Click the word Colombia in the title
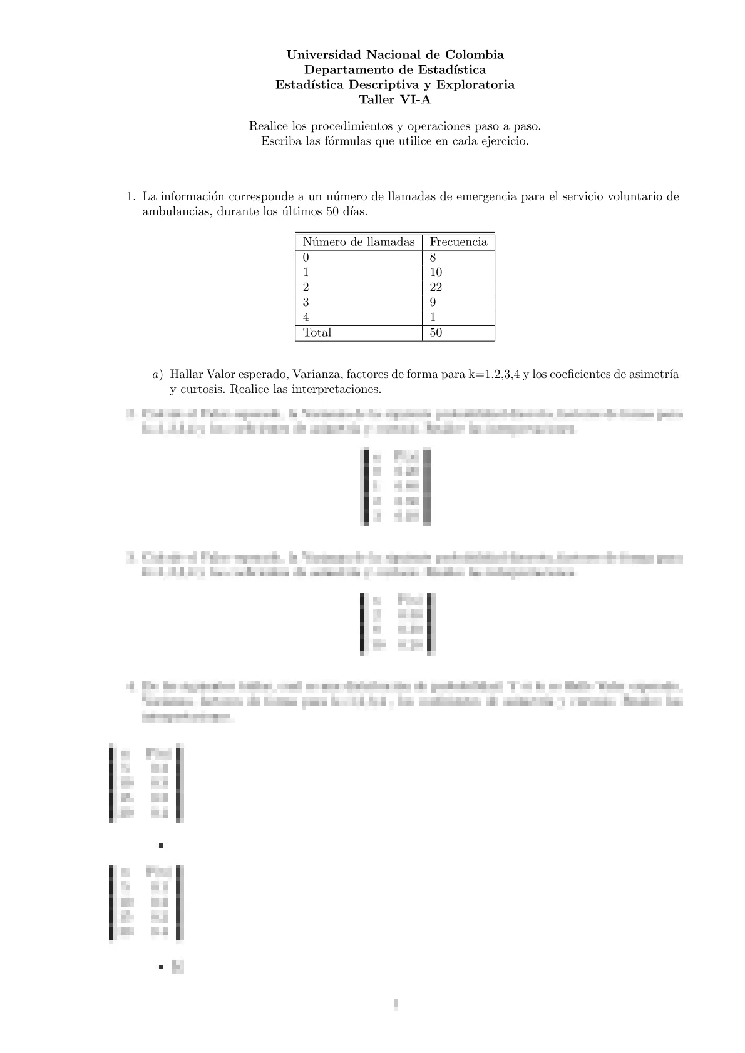point(475,54)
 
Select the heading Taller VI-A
point(394,99)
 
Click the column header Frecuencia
point(458,242)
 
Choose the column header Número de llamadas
point(359,242)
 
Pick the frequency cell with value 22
point(436,287)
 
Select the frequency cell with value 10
point(436,272)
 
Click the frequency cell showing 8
point(433,257)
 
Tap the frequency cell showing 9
point(433,302)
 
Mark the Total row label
point(317,332)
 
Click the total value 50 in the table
point(436,332)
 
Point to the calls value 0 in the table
point(306,257)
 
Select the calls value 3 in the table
point(306,302)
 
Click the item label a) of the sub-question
point(157,375)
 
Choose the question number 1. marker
point(130,196)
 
